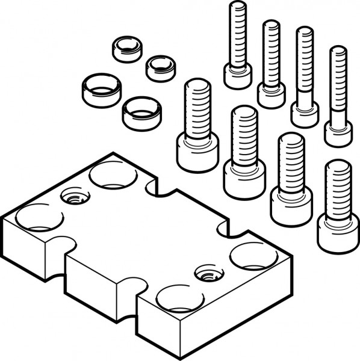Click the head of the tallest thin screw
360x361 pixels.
(x=237, y=76)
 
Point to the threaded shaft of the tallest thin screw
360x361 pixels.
(x=238, y=33)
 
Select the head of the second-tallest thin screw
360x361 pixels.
(x=271, y=95)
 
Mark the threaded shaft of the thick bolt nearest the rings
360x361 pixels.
(x=197, y=108)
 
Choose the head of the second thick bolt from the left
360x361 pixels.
(x=244, y=177)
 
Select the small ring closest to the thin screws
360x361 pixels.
(x=161, y=68)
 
